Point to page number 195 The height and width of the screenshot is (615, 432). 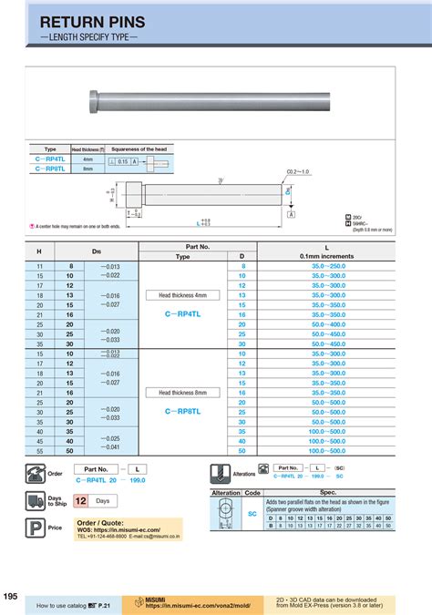click(10, 596)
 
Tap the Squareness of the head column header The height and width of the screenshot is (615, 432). click(139, 149)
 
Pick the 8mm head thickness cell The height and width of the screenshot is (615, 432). click(88, 169)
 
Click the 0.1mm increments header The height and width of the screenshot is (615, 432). click(327, 257)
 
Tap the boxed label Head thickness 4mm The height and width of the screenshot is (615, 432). click(182, 295)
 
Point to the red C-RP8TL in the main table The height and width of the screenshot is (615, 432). click(182, 411)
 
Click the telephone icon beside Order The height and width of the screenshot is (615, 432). click(37, 472)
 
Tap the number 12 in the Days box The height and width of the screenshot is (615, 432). click(80, 501)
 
